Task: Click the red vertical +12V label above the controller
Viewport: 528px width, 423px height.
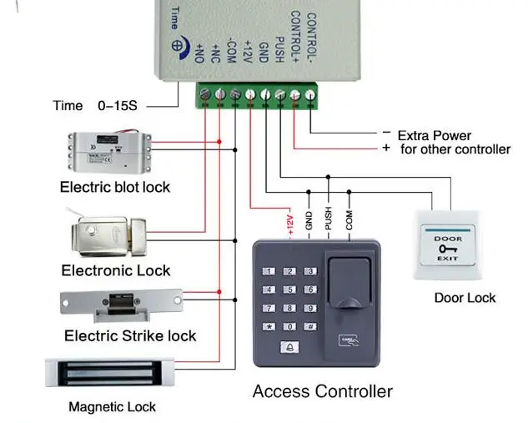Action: (290, 224)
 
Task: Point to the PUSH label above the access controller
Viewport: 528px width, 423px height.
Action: (329, 219)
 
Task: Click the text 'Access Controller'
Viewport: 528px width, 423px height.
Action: (322, 391)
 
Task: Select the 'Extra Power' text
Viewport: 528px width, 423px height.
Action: (434, 135)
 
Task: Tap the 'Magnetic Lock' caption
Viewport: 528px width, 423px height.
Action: (112, 408)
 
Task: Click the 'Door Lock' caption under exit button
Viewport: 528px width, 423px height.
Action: (465, 298)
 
